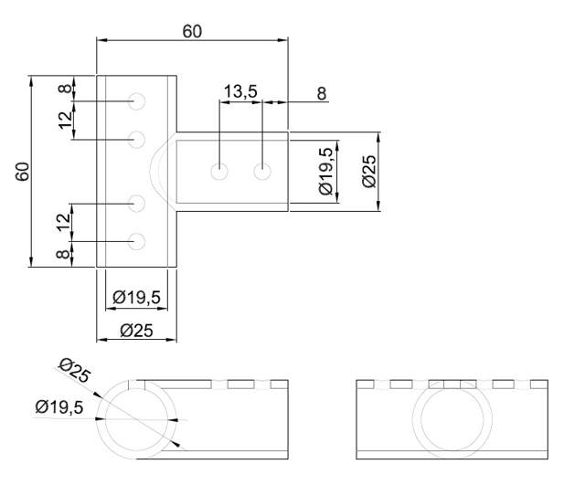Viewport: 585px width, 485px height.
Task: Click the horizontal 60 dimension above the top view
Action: click(x=192, y=31)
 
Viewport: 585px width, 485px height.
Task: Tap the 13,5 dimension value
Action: click(x=239, y=91)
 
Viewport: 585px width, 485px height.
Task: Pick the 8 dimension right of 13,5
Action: click(x=321, y=93)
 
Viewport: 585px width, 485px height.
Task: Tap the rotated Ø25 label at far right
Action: click(x=367, y=172)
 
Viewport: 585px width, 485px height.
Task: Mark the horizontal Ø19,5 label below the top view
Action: click(x=137, y=297)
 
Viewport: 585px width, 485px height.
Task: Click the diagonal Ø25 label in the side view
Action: click(x=72, y=372)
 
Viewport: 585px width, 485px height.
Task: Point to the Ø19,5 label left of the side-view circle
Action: click(x=59, y=407)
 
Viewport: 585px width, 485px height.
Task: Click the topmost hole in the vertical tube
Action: click(x=138, y=100)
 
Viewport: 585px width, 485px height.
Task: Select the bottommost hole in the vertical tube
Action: click(x=138, y=242)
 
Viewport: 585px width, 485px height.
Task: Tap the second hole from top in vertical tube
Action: click(x=138, y=139)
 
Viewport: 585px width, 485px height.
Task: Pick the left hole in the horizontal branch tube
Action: click(x=219, y=171)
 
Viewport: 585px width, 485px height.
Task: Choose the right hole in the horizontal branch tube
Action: click(x=263, y=171)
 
